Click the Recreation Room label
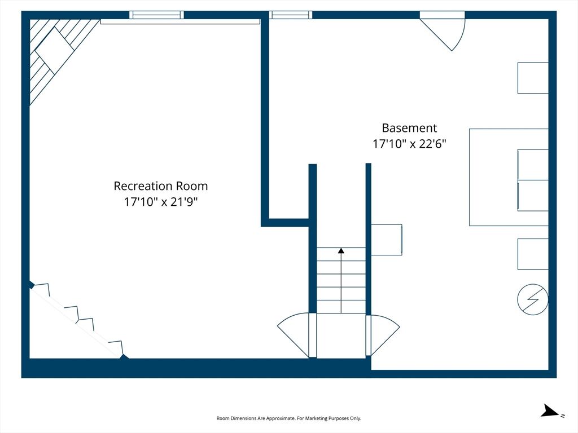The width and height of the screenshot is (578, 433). tap(161, 186)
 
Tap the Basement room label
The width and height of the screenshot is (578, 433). tap(409, 128)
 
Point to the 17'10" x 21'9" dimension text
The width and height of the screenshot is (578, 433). tap(161, 202)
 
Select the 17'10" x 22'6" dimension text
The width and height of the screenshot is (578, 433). tap(409, 144)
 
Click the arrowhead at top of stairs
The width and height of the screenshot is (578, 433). tap(341, 251)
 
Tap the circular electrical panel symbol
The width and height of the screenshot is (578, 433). tap(533, 299)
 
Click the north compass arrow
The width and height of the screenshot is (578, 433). tap(550, 411)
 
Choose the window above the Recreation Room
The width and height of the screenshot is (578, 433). tap(157, 15)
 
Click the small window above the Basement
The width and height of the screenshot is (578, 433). tap(291, 15)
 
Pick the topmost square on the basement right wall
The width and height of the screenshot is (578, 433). tap(533, 78)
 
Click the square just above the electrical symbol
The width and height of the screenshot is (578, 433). tap(533, 254)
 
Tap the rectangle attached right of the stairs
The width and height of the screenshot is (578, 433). tap(386, 240)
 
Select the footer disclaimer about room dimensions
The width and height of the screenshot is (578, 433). tap(288, 418)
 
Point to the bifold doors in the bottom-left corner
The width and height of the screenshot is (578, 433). tap(78, 320)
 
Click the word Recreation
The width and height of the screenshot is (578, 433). tap(143, 186)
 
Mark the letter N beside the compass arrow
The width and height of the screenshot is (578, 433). tap(563, 416)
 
